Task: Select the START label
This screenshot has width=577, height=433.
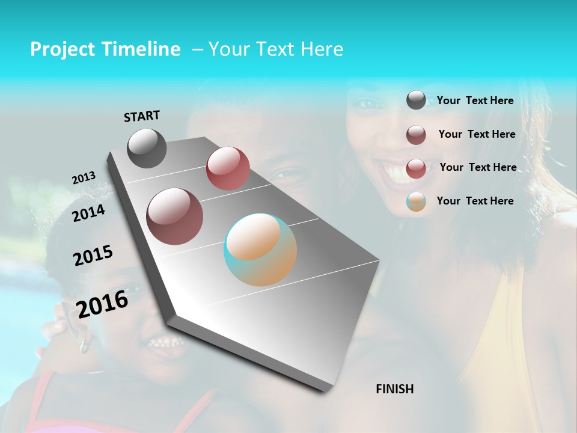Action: (x=142, y=116)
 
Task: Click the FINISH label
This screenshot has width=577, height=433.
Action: (x=395, y=389)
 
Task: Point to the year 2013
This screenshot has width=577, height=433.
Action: (x=84, y=178)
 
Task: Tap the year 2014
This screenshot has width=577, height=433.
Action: (x=88, y=213)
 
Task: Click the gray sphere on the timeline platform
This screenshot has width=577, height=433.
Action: (x=147, y=148)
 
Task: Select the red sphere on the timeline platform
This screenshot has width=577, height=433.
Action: (x=228, y=168)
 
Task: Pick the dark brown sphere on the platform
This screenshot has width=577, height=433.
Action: (x=174, y=216)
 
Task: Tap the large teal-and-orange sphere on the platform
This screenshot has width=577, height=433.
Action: (x=260, y=250)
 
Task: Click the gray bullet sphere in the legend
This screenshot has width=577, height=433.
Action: (x=416, y=100)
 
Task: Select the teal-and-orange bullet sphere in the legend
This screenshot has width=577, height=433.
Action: (x=416, y=201)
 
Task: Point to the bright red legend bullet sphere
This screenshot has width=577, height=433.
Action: (x=416, y=168)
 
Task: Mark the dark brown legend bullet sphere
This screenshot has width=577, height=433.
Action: (x=416, y=135)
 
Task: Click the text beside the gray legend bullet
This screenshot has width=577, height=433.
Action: (x=475, y=100)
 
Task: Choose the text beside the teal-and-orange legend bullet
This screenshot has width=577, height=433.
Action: (x=475, y=201)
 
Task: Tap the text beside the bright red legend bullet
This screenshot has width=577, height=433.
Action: (x=478, y=167)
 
